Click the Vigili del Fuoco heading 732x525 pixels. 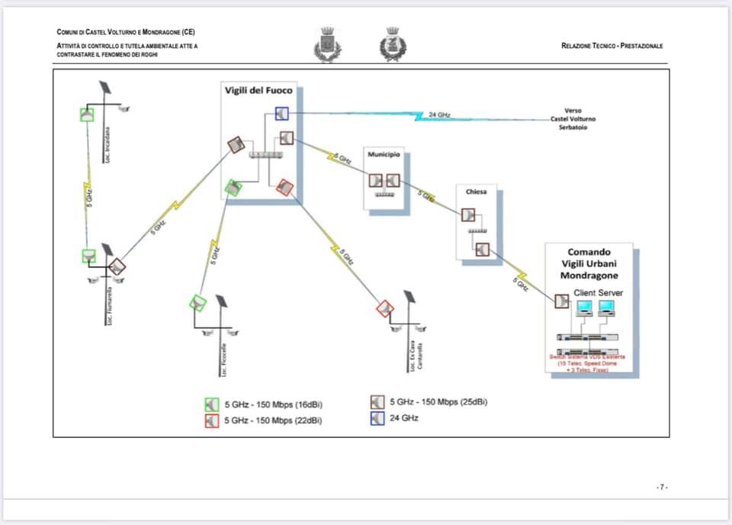tap(258, 91)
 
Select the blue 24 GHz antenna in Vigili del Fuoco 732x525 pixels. tap(282, 114)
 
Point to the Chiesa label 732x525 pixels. tap(476, 192)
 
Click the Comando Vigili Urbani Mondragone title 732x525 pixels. tap(589, 263)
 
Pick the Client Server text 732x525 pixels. tap(598, 292)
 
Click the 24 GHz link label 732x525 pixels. tap(439, 114)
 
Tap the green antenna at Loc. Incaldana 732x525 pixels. tap(87, 114)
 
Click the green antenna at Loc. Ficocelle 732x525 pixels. tap(197, 303)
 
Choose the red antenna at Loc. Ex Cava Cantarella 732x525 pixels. tap(384, 308)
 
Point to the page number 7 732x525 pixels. tap(661, 487)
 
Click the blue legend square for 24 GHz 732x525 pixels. tap(377, 418)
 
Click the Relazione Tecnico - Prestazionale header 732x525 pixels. tap(612, 46)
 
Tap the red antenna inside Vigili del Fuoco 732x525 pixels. tap(284, 187)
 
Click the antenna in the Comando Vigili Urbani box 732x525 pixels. tap(563, 301)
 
